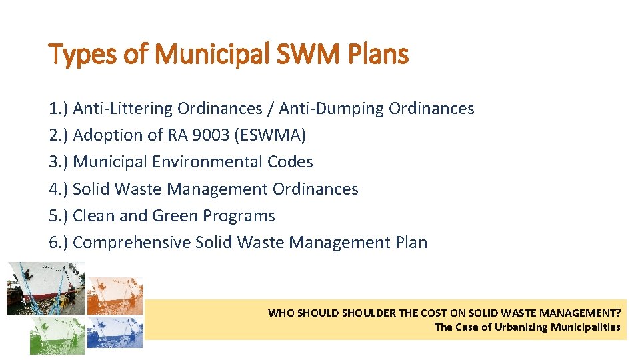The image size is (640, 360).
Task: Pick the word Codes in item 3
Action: [x=290, y=162]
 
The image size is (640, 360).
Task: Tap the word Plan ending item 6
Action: [x=411, y=243]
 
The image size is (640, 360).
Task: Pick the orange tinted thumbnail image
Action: [x=115, y=295]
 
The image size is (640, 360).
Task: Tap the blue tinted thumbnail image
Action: [x=115, y=332]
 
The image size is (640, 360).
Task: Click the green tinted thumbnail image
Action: [x=57, y=335]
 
